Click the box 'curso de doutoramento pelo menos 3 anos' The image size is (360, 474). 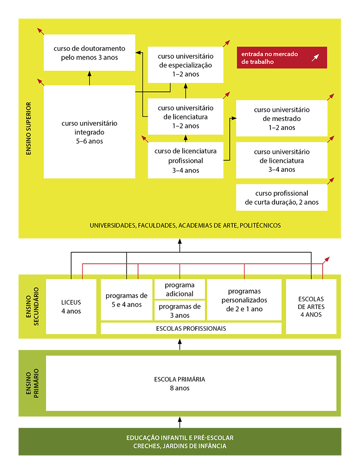click(90, 53)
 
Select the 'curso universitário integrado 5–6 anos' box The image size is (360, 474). click(89, 132)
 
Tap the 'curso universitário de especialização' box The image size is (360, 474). click(186, 65)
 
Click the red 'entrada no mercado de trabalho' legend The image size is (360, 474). click(282, 58)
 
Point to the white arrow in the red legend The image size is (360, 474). click(316, 58)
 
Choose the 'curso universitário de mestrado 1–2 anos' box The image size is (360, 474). click(282, 119)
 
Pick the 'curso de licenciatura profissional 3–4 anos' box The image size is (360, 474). click(186, 160)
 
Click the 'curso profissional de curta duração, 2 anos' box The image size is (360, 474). click(282, 198)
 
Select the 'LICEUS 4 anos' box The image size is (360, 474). click(71, 307)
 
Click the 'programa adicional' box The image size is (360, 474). click(180, 289)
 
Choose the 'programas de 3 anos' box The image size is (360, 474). click(180, 310)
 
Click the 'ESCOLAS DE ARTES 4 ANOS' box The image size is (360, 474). click(311, 307)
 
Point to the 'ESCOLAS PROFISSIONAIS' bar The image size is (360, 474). click(191, 328)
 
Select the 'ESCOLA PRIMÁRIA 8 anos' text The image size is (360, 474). click(180, 383)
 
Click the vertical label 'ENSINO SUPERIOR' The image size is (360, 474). click(28, 128)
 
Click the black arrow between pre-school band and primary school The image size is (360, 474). click(180, 422)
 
